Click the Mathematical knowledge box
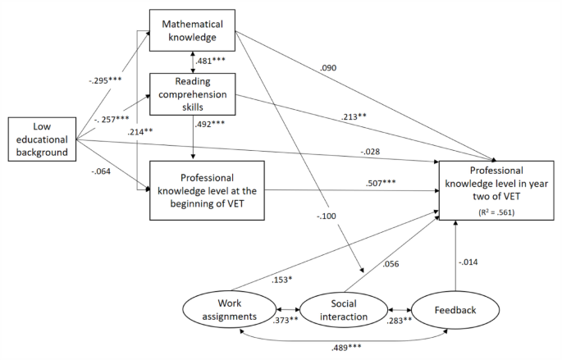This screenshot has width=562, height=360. (x=192, y=30)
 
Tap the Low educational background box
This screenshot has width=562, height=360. (x=43, y=139)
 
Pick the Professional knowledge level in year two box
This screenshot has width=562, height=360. (x=496, y=189)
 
